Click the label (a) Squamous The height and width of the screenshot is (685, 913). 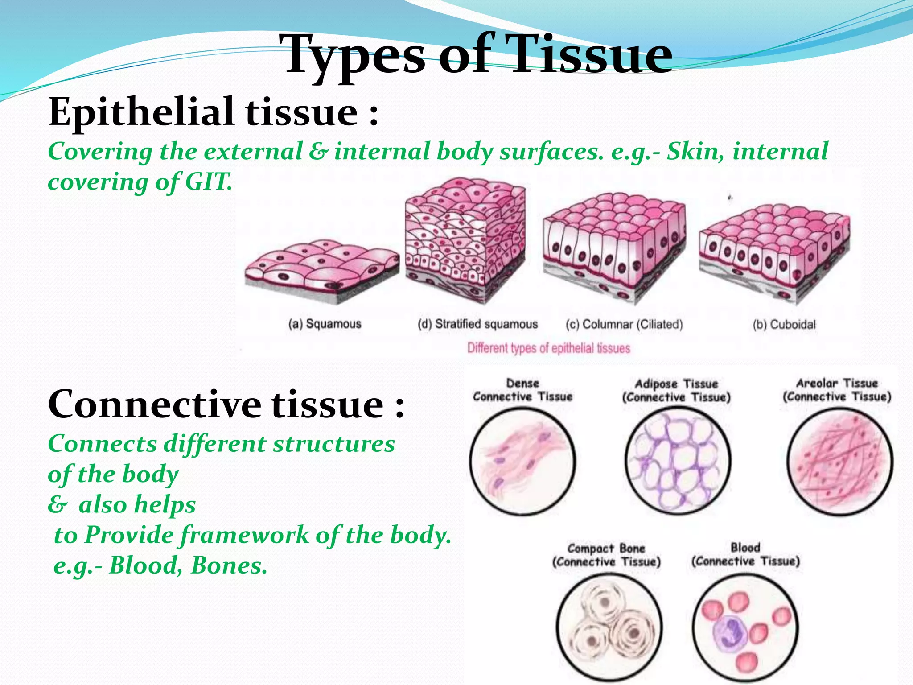(325, 324)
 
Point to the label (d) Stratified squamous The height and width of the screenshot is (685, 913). (477, 324)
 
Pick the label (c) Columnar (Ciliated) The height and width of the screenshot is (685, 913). (624, 324)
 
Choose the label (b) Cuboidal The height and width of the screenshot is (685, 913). (784, 325)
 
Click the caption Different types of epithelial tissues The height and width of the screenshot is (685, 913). (548, 348)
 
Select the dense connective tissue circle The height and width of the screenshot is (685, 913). (522, 462)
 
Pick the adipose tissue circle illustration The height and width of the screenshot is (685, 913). (677, 462)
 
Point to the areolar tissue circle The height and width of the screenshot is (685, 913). (840, 462)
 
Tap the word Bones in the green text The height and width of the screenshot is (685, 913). (229, 566)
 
